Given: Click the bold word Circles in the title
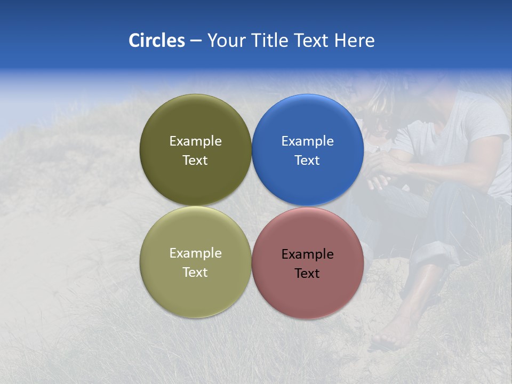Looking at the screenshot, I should tap(157, 41).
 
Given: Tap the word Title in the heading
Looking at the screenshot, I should tap(272, 41).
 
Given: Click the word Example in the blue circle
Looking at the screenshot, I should tap(307, 141).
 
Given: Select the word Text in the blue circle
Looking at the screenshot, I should tap(307, 161).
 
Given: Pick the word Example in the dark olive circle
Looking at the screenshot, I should tap(195, 141).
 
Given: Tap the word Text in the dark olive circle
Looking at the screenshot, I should tap(195, 161).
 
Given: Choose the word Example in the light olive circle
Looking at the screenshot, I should tap(195, 253).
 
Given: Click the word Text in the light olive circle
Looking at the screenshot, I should tap(195, 273).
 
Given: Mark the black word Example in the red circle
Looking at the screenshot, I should tap(307, 254).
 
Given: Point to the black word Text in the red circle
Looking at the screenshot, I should tap(307, 274).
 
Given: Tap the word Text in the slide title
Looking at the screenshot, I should tap(311, 41).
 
